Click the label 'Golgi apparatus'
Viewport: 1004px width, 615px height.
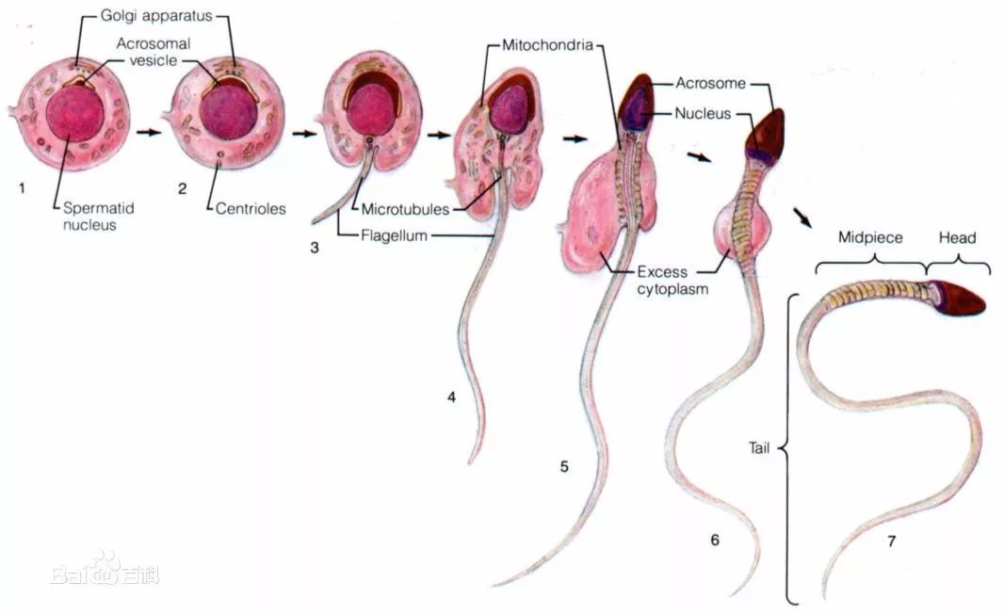[156, 16]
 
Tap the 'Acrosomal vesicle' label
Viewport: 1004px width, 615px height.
[154, 52]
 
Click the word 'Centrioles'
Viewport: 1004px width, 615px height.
[251, 209]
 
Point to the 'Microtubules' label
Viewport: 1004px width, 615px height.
[405, 209]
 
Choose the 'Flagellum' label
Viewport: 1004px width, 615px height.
[394, 235]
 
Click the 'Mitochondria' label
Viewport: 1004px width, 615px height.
[547, 45]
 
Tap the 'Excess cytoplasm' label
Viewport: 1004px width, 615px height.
[672, 281]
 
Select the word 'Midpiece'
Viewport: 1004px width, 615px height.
[870, 237]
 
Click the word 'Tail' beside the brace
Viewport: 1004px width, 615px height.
[759, 448]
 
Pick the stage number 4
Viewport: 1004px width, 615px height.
[451, 397]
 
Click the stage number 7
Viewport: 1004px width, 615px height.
[891, 542]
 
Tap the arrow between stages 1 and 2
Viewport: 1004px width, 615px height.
[149, 133]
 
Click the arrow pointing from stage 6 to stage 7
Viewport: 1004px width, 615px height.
[802, 218]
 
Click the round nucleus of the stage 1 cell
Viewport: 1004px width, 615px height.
[75, 113]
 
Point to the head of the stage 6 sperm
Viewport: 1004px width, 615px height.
[766, 136]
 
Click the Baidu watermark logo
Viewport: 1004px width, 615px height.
[105, 570]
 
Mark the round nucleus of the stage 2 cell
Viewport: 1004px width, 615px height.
[228, 111]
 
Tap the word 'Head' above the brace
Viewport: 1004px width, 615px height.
[957, 237]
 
